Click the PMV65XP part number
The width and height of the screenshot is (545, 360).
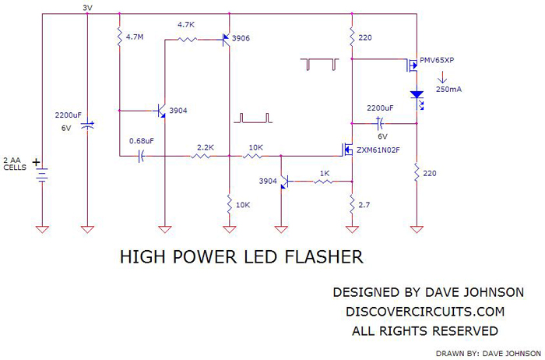point(441,59)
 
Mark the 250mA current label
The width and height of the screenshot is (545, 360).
point(448,90)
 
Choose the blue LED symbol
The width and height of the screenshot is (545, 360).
point(417,95)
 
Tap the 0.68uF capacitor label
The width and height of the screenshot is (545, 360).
point(141,141)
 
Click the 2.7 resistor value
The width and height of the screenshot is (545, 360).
point(364,204)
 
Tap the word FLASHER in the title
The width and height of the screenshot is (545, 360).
point(322,256)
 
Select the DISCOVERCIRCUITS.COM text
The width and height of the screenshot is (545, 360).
point(424,312)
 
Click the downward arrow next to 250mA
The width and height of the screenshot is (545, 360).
point(443,76)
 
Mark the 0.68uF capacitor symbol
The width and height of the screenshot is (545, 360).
point(142,157)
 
